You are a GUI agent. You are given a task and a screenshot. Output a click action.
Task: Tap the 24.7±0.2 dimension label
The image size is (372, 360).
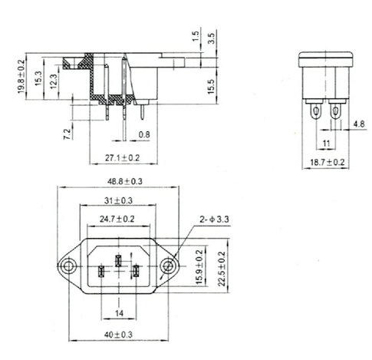(x=119, y=219)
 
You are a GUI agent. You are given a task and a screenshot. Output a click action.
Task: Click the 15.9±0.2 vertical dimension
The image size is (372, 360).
(x=200, y=266)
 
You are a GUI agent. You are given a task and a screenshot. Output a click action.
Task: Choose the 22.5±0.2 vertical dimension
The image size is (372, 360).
(x=223, y=266)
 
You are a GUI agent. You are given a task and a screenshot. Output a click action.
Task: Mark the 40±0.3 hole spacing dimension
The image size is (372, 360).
(x=119, y=334)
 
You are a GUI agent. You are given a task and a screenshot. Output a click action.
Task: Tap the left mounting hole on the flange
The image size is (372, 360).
(x=69, y=266)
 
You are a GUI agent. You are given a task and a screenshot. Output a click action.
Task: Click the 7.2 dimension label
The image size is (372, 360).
(x=67, y=135)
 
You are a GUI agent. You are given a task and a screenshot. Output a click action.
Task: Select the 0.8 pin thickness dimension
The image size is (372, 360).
(x=144, y=136)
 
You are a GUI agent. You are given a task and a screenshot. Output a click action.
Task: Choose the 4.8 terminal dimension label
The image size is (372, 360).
(x=359, y=124)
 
